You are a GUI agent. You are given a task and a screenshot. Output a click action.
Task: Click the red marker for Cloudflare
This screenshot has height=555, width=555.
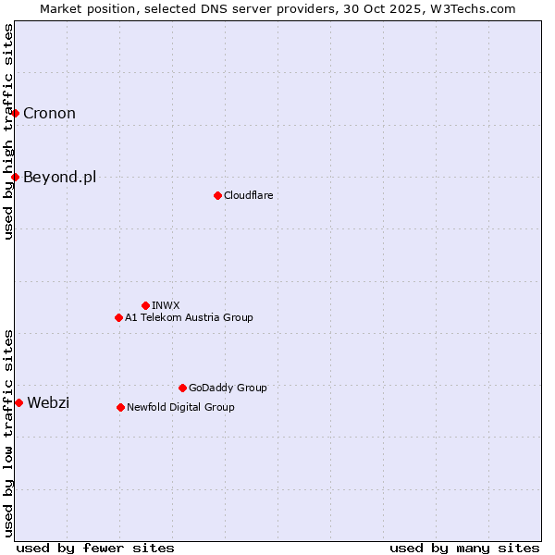coord(217,195)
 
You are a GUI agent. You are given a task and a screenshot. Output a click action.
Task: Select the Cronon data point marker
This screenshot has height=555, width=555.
coord(16,113)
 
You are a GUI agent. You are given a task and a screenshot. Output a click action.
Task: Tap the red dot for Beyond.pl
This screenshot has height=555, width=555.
coord(16,177)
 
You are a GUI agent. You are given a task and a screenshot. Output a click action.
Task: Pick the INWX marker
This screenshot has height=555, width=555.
coord(145,305)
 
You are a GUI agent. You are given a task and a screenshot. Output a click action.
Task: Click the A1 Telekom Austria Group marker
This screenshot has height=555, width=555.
coord(118,317)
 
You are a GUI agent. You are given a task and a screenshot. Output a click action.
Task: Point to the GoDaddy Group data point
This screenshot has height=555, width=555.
coord(182,388)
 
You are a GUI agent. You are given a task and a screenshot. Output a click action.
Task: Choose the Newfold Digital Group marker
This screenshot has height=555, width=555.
coord(120,407)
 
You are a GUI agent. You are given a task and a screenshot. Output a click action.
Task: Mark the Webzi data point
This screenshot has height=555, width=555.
coord(18,402)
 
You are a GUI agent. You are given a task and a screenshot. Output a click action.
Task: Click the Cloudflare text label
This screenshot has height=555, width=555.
coord(248,195)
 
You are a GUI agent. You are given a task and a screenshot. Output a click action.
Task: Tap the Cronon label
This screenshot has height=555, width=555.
coord(49,113)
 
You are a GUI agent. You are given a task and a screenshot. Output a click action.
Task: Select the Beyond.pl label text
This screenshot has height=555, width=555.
coord(59,177)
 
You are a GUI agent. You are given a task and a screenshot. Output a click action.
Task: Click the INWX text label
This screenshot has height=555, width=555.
coord(166,305)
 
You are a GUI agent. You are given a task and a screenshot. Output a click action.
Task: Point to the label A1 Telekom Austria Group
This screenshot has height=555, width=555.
coord(189,317)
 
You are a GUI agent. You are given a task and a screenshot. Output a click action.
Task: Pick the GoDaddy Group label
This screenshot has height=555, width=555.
coord(228,388)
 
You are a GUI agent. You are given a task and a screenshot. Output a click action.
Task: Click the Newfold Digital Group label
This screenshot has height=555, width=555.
coord(180,407)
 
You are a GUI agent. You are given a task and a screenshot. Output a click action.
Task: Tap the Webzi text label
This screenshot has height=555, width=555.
coord(48,402)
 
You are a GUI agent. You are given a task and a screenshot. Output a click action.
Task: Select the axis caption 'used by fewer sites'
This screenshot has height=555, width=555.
coord(95,548)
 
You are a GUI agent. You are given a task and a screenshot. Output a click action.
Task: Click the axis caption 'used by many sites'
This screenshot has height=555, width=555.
coord(464,548)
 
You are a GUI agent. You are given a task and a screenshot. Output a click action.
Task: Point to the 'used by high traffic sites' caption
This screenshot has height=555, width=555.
coord(8,131)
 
